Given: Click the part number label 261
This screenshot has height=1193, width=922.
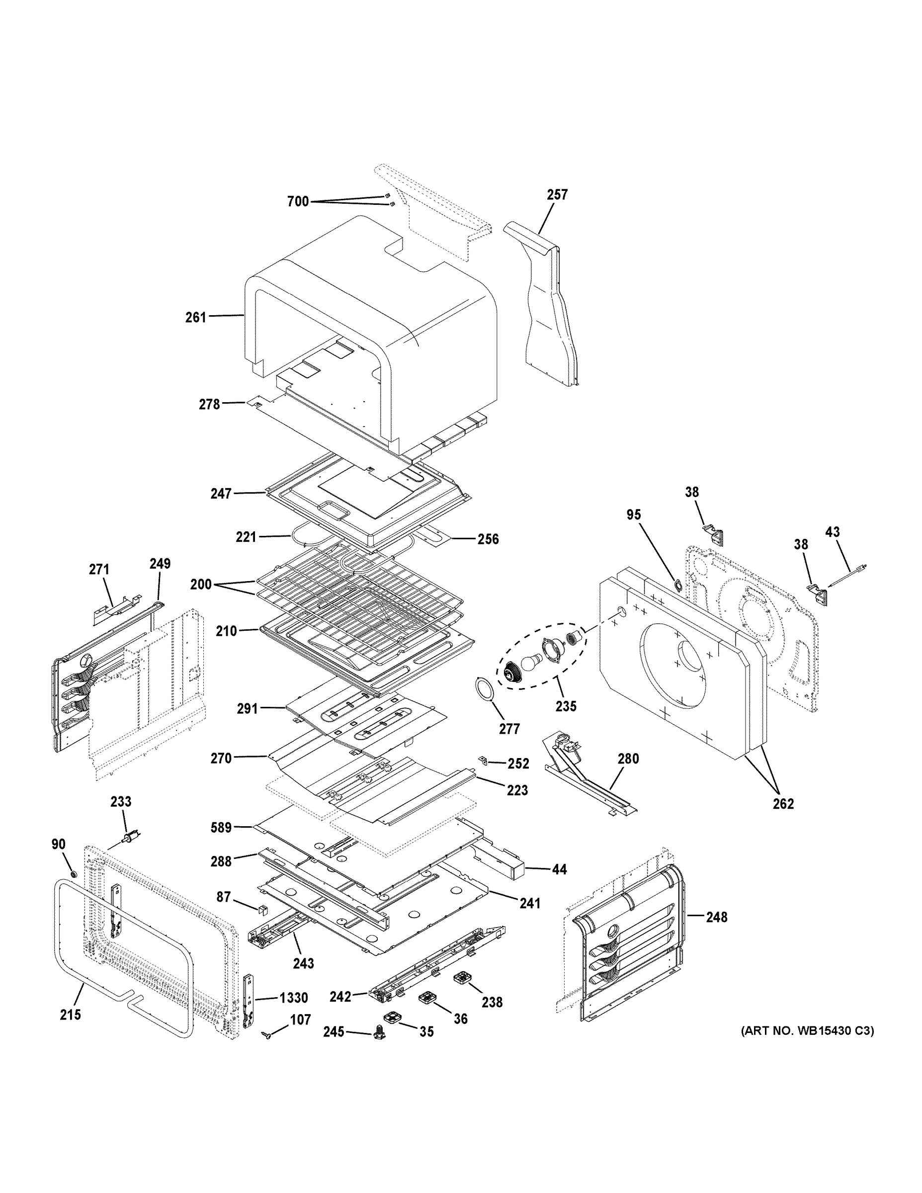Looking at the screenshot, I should coord(195,317).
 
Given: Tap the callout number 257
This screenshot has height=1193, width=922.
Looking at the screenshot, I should coord(557,194).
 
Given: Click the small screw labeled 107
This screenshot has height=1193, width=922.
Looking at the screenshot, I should coord(268,1034).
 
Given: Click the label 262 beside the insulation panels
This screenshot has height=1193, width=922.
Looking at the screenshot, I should coord(783,803).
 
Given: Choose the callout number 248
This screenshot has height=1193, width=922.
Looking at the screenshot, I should coord(716,917).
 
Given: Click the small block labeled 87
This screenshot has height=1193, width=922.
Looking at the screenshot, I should coord(262,910).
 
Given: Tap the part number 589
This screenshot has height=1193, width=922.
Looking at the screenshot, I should coord(221,828).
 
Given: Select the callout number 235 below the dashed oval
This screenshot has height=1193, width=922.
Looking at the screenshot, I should coord(566,706).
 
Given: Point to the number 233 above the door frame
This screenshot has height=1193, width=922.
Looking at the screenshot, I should coord(121,801).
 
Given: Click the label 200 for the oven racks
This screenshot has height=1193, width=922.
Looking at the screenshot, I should coord(201,584).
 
